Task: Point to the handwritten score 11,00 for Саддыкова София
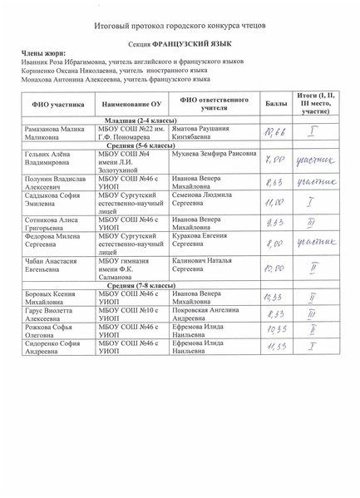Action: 272,202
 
